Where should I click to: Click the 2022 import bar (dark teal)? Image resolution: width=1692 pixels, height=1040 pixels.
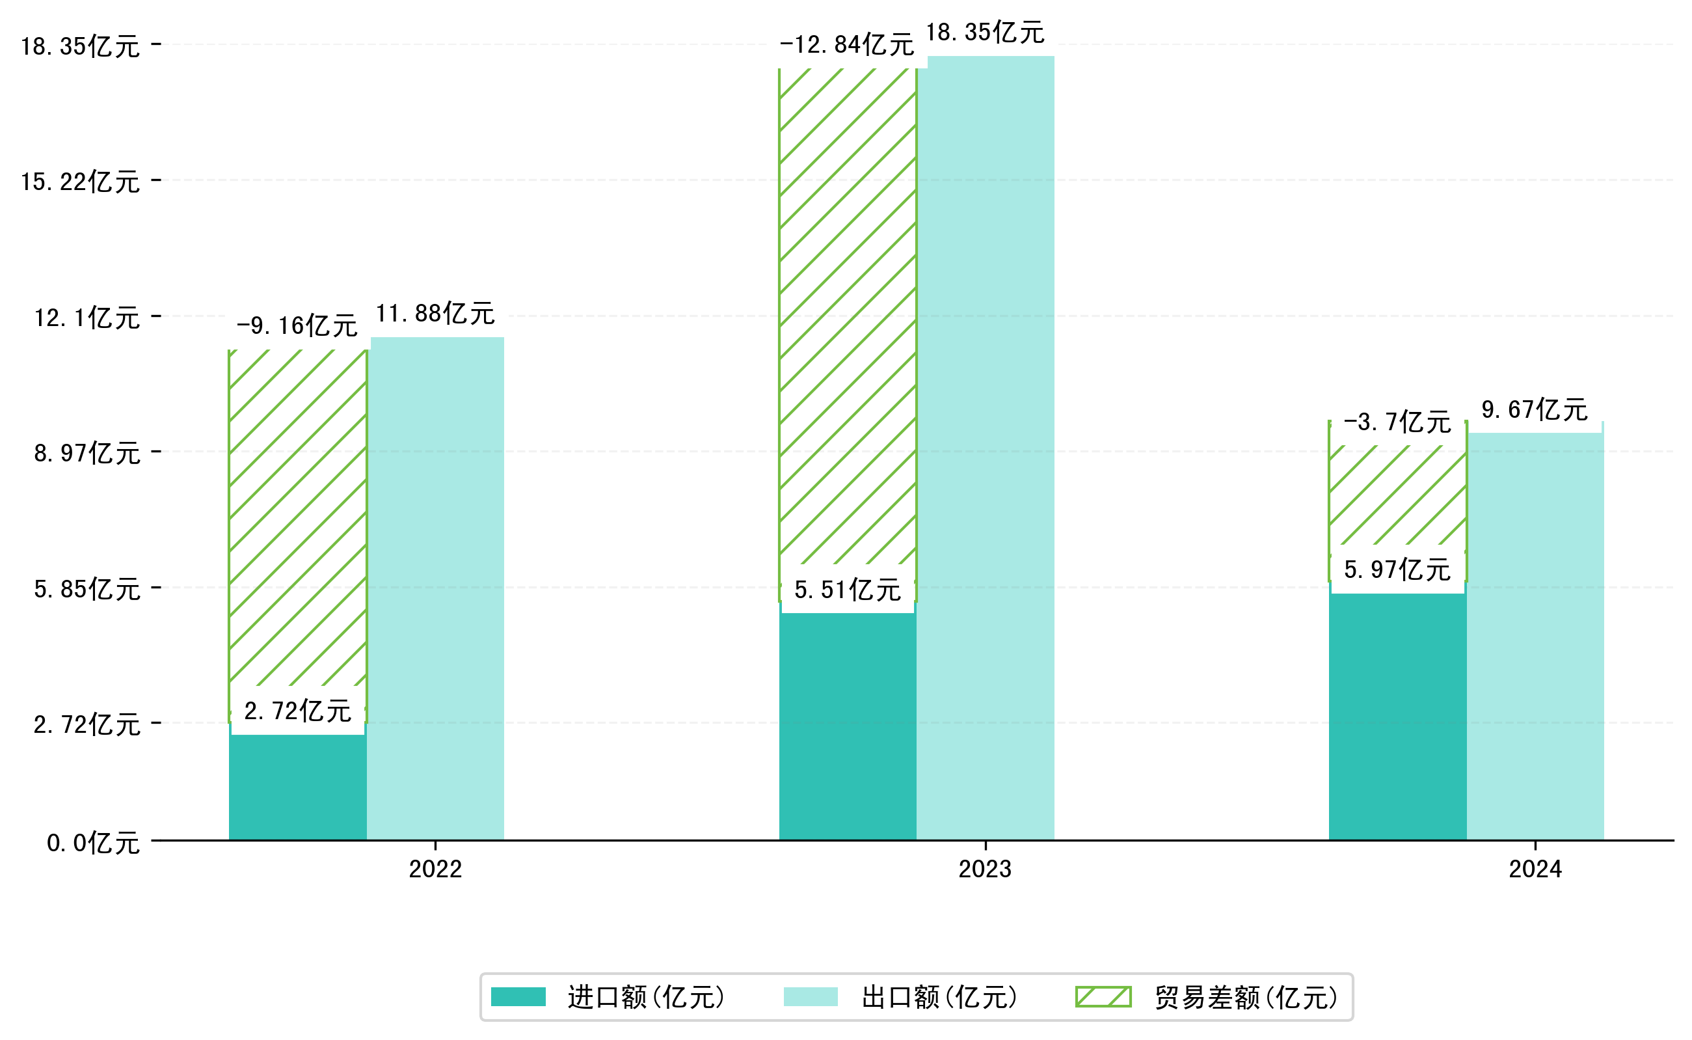tap(297, 787)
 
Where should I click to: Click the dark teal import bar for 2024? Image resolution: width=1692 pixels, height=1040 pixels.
tap(1397, 715)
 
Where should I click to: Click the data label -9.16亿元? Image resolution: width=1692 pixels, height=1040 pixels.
tap(297, 325)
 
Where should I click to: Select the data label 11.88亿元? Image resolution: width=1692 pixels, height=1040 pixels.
tap(435, 314)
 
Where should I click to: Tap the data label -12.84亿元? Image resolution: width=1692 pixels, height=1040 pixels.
tap(846, 45)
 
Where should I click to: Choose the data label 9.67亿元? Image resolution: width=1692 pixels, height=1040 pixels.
tap(1534, 410)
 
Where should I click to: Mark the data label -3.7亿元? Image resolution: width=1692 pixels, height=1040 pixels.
tap(1397, 422)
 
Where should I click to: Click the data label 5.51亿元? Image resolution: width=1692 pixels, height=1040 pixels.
tap(847, 590)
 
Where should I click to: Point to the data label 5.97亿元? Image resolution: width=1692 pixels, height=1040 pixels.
tap(1397, 570)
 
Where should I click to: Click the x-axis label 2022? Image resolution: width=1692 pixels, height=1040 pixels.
tap(435, 869)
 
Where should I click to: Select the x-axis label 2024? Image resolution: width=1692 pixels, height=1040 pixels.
tap(1535, 869)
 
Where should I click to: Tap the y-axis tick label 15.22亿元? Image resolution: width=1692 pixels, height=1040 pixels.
tap(80, 182)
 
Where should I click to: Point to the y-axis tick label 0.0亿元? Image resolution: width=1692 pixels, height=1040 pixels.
tap(93, 843)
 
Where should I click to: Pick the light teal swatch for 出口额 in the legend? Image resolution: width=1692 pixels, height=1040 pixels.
tap(810, 997)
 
